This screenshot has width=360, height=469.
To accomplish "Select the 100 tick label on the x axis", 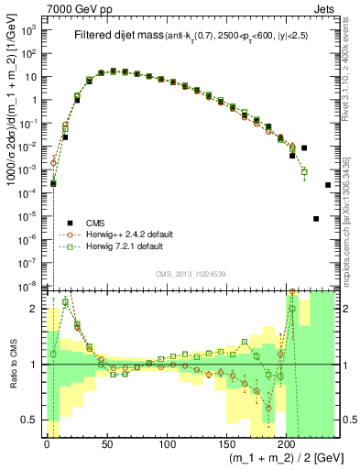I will tap(168, 444).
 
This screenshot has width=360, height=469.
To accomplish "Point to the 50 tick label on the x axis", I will tap(107, 444).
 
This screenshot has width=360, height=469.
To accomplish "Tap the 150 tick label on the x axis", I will tap(227, 444).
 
